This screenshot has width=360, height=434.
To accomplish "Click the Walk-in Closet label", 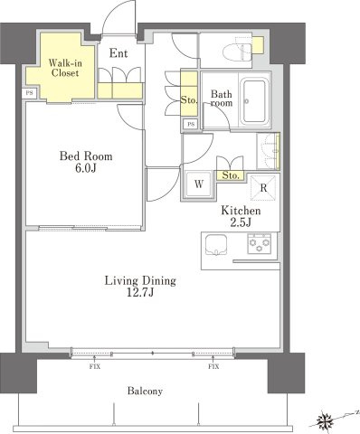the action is pos(65,68).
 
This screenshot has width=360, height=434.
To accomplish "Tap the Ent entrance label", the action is pos(118,53).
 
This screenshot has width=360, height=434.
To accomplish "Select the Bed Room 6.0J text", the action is pos(86,162).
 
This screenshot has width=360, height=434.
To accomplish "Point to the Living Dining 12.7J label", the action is pos(140,286).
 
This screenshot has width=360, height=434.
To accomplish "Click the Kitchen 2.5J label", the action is pos(241,216).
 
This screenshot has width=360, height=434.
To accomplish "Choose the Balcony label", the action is pos(145,391).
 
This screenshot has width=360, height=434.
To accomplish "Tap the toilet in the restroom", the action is pos(237,52).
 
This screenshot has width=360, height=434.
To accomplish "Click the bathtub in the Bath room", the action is pos(255,101).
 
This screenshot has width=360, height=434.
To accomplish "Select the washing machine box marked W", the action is pos(199,184).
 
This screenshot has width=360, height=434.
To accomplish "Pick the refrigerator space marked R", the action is pos(263,188).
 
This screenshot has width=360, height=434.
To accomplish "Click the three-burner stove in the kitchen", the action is pos(260,243).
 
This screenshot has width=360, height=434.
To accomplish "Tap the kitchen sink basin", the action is pos(216,244).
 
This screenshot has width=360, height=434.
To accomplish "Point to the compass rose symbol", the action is pos(325,420).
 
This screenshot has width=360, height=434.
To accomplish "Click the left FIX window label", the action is pos(95,367).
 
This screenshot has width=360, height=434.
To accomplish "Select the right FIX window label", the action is pos(213,367).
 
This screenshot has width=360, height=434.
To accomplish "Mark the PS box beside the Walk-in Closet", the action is pos(30,93).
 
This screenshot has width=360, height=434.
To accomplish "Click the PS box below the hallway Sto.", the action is pos(191,124).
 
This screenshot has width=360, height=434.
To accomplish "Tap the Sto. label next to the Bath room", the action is pos(189,99).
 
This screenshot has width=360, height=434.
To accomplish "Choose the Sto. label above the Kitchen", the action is pos(231,175).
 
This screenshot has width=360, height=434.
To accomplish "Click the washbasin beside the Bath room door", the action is pos(270,151).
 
